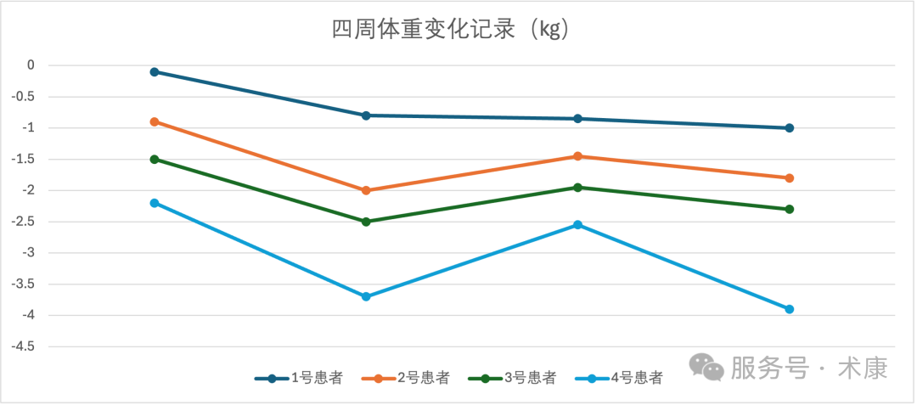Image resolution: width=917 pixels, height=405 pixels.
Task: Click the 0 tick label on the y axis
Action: tap(31, 65)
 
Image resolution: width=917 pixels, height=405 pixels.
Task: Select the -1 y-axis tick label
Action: tap(28, 128)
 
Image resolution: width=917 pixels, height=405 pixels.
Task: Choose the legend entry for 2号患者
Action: tap(406, 379)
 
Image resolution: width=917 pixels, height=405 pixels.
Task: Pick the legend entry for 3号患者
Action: tap(513, 379)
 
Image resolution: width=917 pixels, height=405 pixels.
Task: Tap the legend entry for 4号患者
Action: tap(619, 379)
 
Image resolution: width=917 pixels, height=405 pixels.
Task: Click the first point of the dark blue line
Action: tap(155, 72)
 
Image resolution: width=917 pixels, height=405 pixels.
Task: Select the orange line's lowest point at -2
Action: tap(366, 190)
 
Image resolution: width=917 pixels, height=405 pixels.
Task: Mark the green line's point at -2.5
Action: tap(366, 222)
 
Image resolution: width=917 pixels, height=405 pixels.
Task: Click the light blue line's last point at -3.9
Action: tap(790, 309)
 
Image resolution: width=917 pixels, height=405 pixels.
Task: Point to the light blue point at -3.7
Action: tap(366, 296)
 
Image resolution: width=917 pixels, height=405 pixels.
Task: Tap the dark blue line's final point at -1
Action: tap(790, 128)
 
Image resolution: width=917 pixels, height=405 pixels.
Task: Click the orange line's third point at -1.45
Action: tap(578, 156)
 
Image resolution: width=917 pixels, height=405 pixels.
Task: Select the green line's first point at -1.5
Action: tap(155, 160)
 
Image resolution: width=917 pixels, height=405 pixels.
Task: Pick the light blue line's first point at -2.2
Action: tap(155, 203)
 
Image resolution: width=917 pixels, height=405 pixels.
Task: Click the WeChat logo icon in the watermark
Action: tap(706, 368)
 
